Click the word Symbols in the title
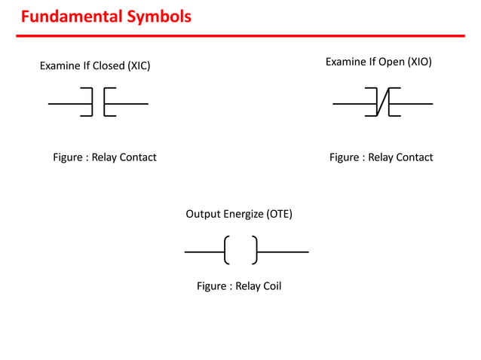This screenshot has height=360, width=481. (x=159, y=16)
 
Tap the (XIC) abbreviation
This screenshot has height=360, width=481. (x=138, y=66)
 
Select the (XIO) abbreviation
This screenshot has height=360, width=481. (x=419, y=61)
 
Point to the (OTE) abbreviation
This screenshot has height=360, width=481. (x=279, y=214)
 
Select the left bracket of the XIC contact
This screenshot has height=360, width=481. (x=88, y=102)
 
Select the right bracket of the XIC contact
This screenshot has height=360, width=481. (x=108, y=102)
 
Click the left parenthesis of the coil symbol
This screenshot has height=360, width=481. (x=226, y=250)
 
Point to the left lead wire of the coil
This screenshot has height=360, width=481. (x=204, y=251)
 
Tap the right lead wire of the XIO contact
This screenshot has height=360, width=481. (x=415, y=102)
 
